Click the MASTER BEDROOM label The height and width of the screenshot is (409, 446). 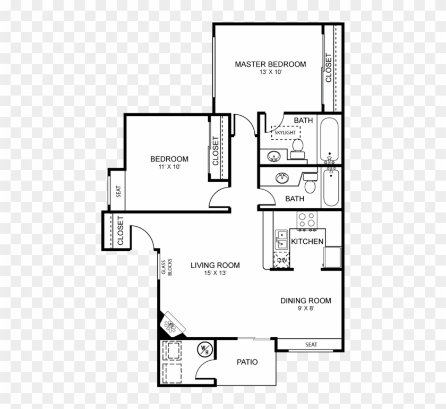pyautogui.click(x=270, y=64)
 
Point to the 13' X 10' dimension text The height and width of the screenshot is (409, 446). pyautogui.click(x=270, y=73)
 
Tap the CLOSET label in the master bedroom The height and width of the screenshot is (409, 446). pyautogui.click(x=329, y=67)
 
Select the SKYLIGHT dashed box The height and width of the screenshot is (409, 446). pyautogui.click(x=285, y=132)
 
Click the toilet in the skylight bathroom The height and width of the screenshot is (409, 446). pyautogui.click(x=298, y=147)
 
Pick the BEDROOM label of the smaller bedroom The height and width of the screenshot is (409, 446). pyautogui.click(x=169, y=159)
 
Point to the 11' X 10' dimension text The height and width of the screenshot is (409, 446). pyautogui.click(x=169, y=167)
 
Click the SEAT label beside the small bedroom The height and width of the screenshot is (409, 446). pyautogui.click(x=118, y=190)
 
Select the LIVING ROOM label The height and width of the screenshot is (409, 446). pyautogui.click(x=215, y=265)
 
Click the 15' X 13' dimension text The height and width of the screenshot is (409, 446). pyautogui.click(x=215, y=273)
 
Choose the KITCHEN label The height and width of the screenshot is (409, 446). pyautogui.click(x=307, y=242)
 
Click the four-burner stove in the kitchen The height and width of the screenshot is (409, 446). pyautogui.click(x=306, y=220)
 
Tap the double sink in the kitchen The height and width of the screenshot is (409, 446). pyautogui.click(x=281, y=239)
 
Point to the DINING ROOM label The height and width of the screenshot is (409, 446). pyautogui.click(x=305, y=301)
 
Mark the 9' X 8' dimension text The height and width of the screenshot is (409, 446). pyautogui.click(x=305, y=309)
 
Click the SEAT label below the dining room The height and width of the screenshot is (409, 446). pyautogui.click(x=311, y=345)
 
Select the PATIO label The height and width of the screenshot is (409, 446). pyautogui.click(x=247, y=362)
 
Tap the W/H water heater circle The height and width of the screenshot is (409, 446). pyautogui.click(x=204, y=349)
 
